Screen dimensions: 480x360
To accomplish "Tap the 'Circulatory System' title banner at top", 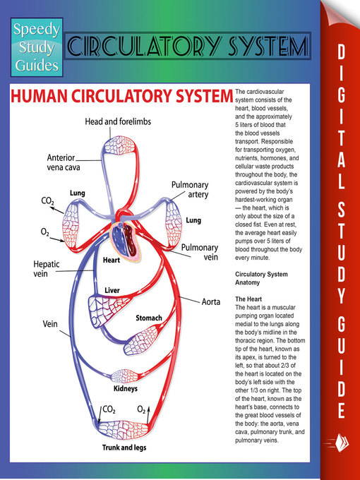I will click(187, 47).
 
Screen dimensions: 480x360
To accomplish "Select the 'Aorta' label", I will click(212, 301).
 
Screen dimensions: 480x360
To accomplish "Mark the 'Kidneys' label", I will click(125, 389).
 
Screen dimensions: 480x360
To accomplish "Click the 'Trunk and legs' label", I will click(125, 447).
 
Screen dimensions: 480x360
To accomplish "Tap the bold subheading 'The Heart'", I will click(248, 300).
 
